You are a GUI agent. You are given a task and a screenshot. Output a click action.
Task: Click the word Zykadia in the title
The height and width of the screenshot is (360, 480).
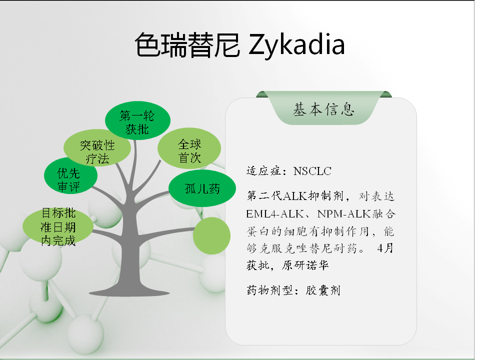click(x=296, y=45)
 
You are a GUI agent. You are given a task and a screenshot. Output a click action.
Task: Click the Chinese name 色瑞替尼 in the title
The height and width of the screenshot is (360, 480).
click(x=187, y=45)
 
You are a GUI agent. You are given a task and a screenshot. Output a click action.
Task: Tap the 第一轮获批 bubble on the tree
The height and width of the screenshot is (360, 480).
click(x=137, y=120)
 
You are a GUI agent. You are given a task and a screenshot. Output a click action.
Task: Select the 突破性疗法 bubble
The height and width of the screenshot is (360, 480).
click(x=97, y=148)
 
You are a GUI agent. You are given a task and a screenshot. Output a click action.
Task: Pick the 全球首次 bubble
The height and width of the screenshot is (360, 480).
click(x=189, y=148)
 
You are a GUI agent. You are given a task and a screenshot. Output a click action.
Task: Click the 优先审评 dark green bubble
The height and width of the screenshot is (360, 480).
click(x=70, y=175)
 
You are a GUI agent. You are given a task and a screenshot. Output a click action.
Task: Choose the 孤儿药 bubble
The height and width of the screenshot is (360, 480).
click(x=202, y=188)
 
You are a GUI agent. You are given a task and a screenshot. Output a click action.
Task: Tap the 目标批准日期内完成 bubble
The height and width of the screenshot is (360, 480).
click(x=58, y=226)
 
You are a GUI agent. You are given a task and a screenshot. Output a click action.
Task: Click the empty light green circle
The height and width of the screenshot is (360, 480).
click(x=212, y=235)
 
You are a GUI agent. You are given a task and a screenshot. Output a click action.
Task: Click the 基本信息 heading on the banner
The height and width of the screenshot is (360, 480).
click(x=323, y=109)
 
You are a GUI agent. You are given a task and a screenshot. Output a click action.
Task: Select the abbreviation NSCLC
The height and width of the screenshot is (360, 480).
click(x=312, y=171)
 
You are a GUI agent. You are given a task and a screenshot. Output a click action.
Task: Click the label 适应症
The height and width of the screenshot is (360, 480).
click(x=264, y=171)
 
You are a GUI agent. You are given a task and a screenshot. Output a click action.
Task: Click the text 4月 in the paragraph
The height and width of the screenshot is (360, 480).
click(x=385, y=248)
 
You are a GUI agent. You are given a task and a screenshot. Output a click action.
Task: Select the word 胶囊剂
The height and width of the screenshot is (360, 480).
click(x=322, y=290)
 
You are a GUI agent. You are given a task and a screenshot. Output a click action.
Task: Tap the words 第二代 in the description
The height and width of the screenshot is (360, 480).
click(x=264, y=196)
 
